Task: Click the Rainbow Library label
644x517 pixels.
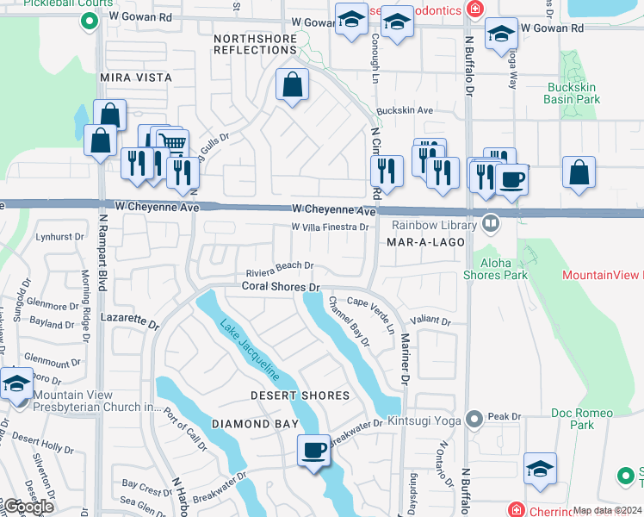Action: coord(434,226)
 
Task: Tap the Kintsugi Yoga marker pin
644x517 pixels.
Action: coord(473,419)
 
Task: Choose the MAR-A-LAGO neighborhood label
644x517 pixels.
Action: coord(425,243)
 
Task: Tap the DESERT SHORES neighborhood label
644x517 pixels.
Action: coord(300,396)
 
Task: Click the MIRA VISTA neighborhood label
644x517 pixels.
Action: coord(136,78)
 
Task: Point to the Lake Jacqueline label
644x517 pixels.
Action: coord(249,351)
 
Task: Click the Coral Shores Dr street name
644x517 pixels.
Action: coord(281,286)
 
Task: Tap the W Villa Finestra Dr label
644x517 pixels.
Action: coord(330,227)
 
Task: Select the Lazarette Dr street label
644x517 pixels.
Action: coord(129,321)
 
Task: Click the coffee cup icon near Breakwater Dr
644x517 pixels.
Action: coord(313,450)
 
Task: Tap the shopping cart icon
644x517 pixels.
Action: coord(173,143)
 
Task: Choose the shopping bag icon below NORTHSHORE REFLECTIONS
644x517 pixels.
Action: coord(292,85)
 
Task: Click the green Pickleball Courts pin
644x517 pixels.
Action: coord(87,20)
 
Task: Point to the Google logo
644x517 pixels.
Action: coord(28,507)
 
